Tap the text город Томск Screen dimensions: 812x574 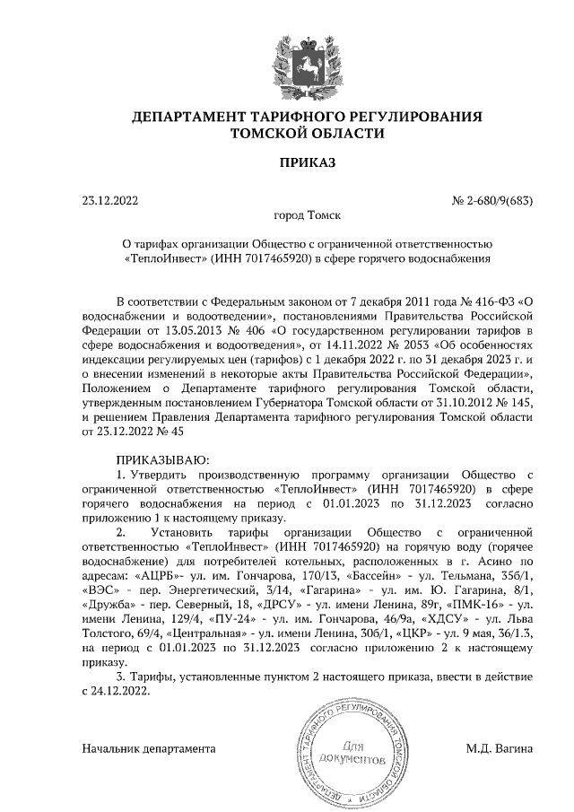coord(307,215)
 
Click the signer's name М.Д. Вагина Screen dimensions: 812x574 coord(499,747)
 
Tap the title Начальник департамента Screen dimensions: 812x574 coord(149,747)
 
